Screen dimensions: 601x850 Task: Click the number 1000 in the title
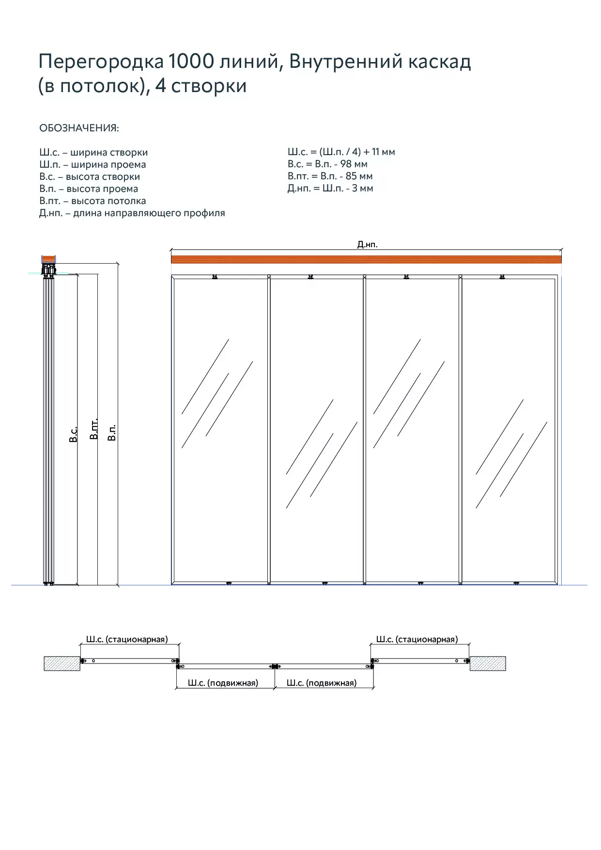coord(191,62)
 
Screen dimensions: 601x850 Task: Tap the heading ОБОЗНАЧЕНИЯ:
coord(79,128)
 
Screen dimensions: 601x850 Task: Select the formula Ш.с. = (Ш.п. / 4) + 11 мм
coord(341,152)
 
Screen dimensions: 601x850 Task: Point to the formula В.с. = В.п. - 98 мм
coord(327,164)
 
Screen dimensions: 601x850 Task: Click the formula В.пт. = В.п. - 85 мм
coord(330,176)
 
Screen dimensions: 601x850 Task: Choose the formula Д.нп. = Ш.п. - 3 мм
coord(330,189)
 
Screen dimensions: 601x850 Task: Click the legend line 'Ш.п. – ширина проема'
coord(92,165)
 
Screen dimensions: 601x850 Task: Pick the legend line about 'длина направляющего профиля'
coord(132,213)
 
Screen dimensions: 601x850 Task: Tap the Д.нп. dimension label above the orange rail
coord(367,245)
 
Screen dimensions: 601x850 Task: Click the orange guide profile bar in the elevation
coord(366,259)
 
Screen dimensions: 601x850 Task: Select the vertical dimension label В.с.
coord(73,435)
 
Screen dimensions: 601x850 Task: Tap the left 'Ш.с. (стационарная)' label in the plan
coord(127,639)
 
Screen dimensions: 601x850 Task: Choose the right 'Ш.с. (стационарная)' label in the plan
coord(417,639)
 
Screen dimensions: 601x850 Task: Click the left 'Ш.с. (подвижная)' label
coord(223,683)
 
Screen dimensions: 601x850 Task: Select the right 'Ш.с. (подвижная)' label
coord(322,683)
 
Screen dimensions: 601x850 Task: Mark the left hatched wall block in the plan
coord(62,663)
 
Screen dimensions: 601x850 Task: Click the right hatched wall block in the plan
coord(488,663)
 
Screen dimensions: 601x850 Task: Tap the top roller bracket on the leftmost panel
coord(215,277)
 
